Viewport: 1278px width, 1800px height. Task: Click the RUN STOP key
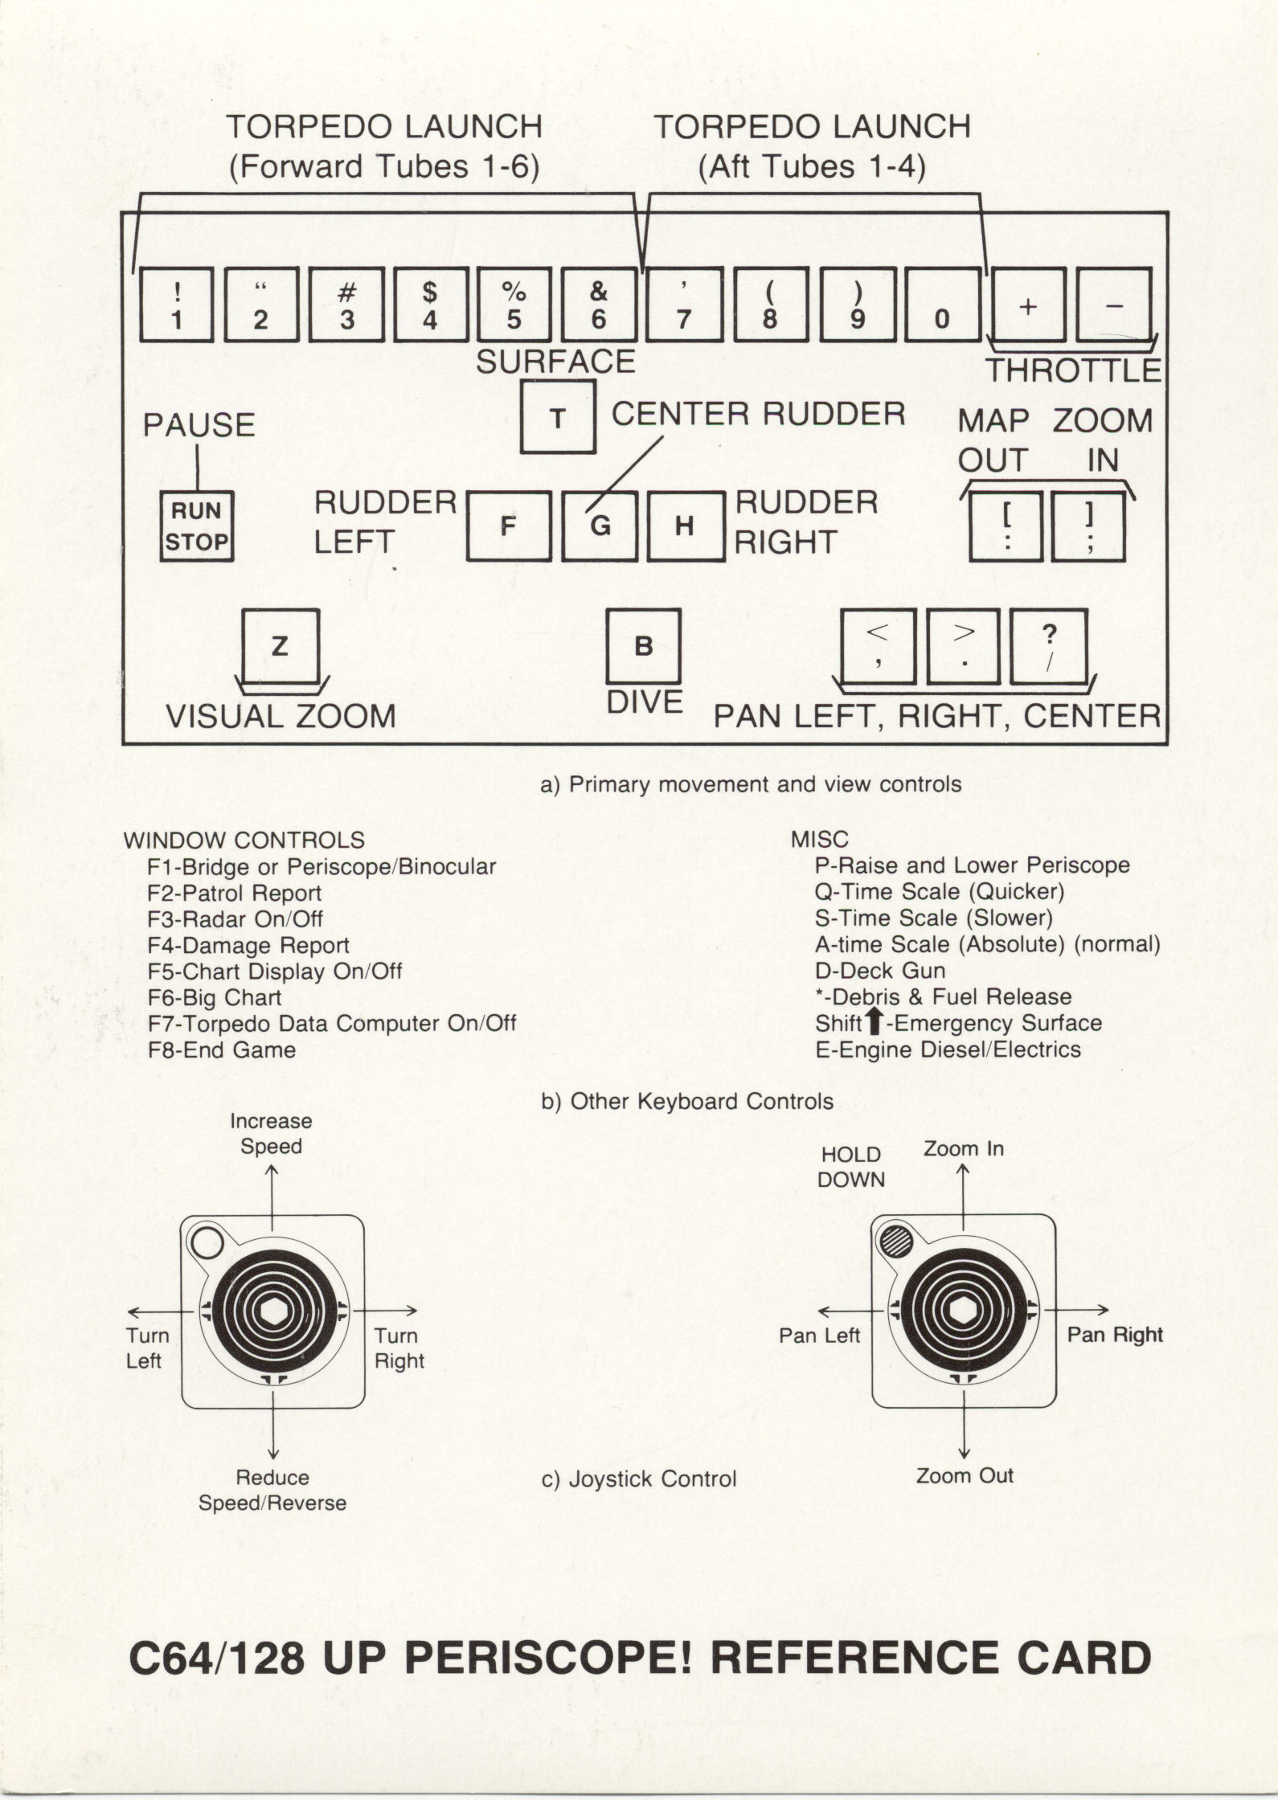point(197,526)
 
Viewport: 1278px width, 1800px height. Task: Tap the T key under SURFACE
point(558,417)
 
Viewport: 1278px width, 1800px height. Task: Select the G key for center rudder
point(600,526)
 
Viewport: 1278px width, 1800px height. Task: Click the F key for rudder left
point(508,526)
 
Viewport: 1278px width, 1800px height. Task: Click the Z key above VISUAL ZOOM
point(281,645)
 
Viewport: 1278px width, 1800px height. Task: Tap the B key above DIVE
point(643,646)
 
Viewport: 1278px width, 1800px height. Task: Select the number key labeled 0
point(942,305)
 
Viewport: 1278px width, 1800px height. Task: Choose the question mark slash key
point(1049,646)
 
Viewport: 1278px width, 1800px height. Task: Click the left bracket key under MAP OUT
point(1006,526)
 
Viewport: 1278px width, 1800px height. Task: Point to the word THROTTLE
point(1073,370)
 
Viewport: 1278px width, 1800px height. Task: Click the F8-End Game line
point(222,1049)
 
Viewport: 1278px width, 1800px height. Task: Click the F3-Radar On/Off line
point(235,918)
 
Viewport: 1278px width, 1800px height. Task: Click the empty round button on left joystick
point(207,1244)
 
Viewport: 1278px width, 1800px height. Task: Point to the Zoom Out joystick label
point(965,1475)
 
